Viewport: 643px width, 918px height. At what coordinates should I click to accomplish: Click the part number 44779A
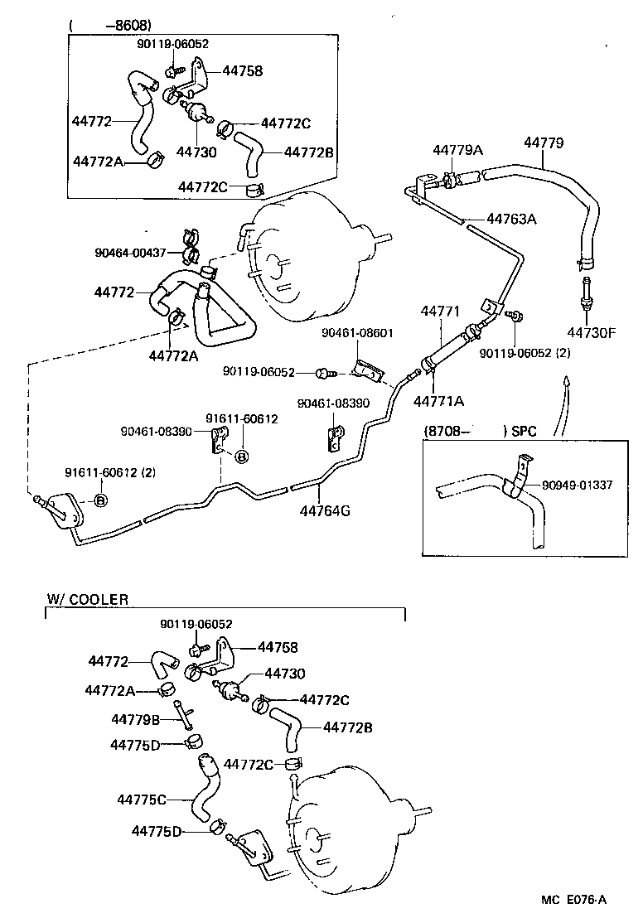point(458,150)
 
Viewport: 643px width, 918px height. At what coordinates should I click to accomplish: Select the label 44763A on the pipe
point(511,220)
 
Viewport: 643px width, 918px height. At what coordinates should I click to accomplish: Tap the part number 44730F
point(592,333)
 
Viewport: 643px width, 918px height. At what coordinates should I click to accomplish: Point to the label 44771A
point(438,401)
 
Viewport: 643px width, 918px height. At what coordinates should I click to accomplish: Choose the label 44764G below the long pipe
point(325,510)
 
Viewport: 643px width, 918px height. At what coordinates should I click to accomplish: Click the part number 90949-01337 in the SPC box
point(578,485)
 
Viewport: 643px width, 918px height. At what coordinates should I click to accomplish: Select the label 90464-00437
point(131,252)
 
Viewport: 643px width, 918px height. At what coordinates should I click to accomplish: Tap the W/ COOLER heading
point(87,600)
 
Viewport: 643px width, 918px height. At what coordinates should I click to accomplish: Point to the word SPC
point(525,432)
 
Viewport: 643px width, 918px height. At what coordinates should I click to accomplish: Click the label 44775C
point(142,800)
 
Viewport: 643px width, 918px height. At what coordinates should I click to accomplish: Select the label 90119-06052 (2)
point(525,352)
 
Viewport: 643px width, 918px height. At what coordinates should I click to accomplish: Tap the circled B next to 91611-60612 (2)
point(99,500)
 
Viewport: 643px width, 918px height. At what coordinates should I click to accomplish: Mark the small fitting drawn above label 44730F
point(587,292)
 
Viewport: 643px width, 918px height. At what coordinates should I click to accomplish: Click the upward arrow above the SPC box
point(566,384)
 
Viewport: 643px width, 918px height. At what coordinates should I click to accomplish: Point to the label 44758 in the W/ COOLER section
point(278,647)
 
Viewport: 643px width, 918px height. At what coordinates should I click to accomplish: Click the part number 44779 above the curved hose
point(544,143)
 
